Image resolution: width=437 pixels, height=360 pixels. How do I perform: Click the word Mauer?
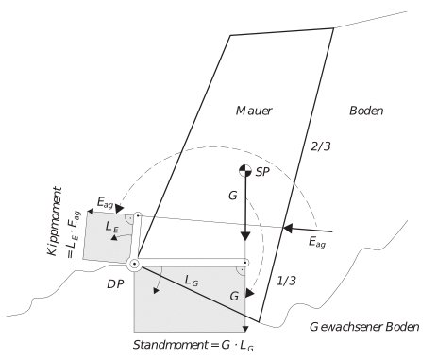(x=253, y=111)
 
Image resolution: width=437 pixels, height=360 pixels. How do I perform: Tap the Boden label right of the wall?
(x=366, y=111)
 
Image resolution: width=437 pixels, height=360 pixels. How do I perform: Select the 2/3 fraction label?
(x=321, y=146)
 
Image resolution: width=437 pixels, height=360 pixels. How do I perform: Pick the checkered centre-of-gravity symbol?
(x=244, y=171)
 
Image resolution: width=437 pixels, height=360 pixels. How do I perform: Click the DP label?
(x=116, y=282)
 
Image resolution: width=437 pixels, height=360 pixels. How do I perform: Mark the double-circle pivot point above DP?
(x=134, y=264)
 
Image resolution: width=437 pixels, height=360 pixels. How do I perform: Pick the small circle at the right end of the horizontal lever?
(x=245, y=263)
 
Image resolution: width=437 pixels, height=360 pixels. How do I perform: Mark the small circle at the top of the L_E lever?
(x=138, y=217)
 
